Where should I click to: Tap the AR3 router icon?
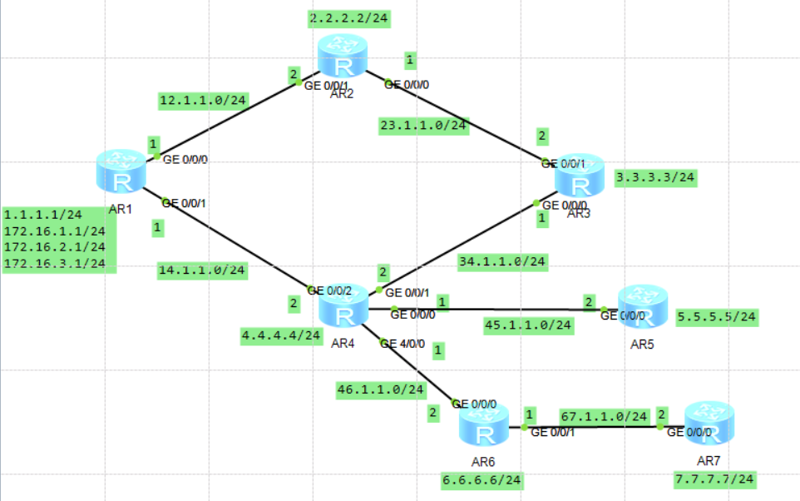pyautogui.click(x=580, y=176)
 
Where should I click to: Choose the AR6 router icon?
pyautogui.click(x=484, y=431)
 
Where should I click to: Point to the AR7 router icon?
pyautogui.click(x=709, y=424)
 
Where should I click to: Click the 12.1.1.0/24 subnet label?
pyautogui.click(x=203, y=101)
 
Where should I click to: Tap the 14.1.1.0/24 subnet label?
pyautogui.click(x=203, y=269)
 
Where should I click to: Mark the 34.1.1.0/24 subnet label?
pyautogui.click(x=502, y=261)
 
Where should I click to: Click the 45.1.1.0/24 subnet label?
pyautogui.click(x=529, y=325)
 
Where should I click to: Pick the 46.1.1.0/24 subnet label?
pyautogui.click(x=381, y=389)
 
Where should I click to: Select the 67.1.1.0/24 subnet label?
pyautogui.click(x=604, y=415)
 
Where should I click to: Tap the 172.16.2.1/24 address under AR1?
pyautogui.click(x=55, y=247)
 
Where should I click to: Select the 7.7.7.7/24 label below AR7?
pyautogui.click(x=714, y=479)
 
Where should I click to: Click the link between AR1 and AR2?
pyautogui.click(x=225, y=117)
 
